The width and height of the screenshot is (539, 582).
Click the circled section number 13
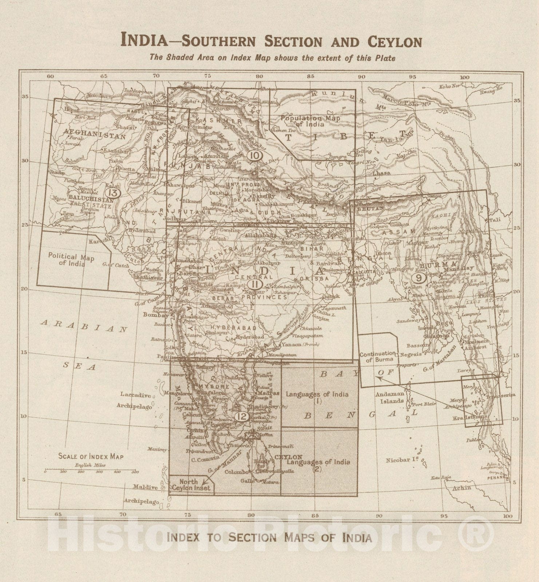click(113, 192)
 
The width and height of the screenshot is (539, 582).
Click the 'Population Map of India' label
click(310, 121)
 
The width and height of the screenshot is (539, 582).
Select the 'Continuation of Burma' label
click(377, 356)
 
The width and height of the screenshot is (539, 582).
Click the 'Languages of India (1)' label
click(317, 397)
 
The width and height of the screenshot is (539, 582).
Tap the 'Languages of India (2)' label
click(318, 465)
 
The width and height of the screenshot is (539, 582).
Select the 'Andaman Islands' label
click(392, 397)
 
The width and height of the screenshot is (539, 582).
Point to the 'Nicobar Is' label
click(401, 460)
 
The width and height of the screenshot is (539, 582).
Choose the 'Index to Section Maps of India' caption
click(269, 537)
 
